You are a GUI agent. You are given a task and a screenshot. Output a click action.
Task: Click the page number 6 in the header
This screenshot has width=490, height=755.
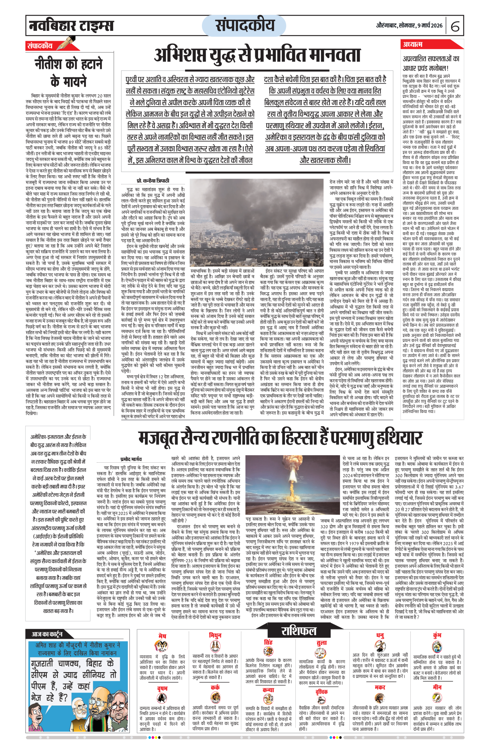(x=455, y=26)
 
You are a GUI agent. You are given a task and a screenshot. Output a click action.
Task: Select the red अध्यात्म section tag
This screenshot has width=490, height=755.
(x=412, y=44)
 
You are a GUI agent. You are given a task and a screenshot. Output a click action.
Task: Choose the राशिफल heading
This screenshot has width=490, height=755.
(x=298, y=631)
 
